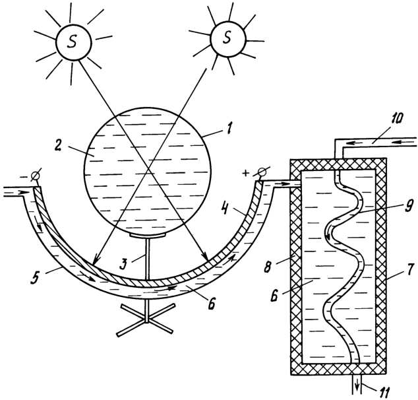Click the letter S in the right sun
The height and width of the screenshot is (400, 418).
[227, 37]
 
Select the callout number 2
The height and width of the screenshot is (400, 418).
[59, 146]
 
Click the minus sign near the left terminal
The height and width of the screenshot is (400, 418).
[24, 177]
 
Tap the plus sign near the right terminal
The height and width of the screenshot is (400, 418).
[246, 174]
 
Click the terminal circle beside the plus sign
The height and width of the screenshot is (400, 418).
[262, 172]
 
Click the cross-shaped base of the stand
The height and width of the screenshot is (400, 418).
[146, 319]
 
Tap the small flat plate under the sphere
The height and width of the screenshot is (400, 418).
[148, 236]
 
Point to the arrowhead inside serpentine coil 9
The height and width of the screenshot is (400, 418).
[328, 236]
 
